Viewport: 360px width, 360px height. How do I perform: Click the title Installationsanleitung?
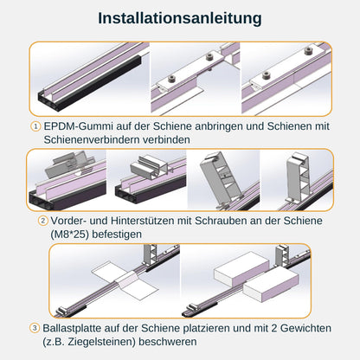point(180,18)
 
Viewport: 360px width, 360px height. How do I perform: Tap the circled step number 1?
point(35,126)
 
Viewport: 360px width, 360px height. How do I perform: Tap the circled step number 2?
point(43,221)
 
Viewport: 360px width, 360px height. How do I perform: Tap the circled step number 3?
point(35,328)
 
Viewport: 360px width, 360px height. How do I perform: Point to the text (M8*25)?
point(69,235)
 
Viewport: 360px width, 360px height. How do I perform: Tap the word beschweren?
point(168,342)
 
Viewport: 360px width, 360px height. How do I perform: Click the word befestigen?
point(117,235)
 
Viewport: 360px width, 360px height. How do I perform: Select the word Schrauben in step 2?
point(220,221)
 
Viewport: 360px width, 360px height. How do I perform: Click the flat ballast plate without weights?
point(125,280)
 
